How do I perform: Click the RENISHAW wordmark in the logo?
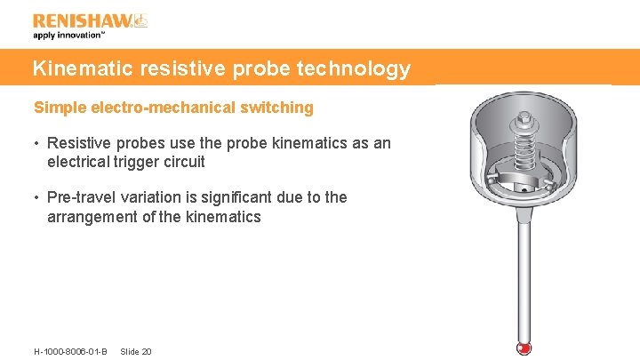click(x=82, y=20)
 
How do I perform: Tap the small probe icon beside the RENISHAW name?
click(x=140, y=20)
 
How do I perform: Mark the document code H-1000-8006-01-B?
click(x=70, y=351)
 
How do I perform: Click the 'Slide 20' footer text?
click(x=135, y=351)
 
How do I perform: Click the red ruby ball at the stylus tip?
click(x=524, y=348)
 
